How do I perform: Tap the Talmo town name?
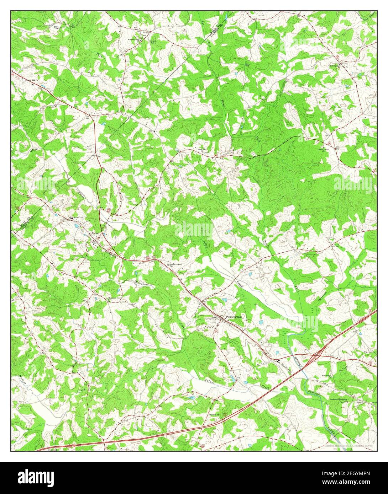(95, 233)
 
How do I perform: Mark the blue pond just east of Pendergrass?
(261, 322)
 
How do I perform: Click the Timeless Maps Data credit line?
(350, 446)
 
